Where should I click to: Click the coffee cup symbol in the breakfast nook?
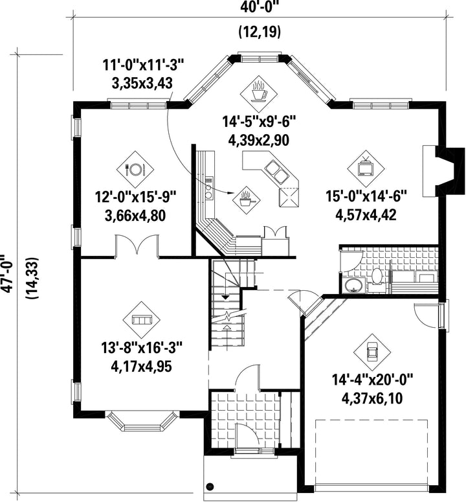tap(259, 92)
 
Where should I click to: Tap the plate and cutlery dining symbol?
tap(135, 169)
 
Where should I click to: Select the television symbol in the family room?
tap(366, 168)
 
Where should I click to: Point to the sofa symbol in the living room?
tap(142, 319)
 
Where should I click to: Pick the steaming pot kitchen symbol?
tap(246, 200)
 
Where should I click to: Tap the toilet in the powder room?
tap(377, 277)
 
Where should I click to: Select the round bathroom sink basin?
tap(353, 284)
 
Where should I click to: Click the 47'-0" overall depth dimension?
tap(7, 273)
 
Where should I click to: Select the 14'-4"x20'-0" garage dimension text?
tap(372, 381)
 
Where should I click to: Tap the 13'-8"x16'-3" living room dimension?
tap(142, 348)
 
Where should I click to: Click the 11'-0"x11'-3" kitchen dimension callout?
tap(144, 65)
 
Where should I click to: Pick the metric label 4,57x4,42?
tap(366, 214)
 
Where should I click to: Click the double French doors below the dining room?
tap(137, 246)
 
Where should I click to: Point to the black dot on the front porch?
tap(210, 486)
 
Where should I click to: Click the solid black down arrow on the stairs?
tap(225, 297)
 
